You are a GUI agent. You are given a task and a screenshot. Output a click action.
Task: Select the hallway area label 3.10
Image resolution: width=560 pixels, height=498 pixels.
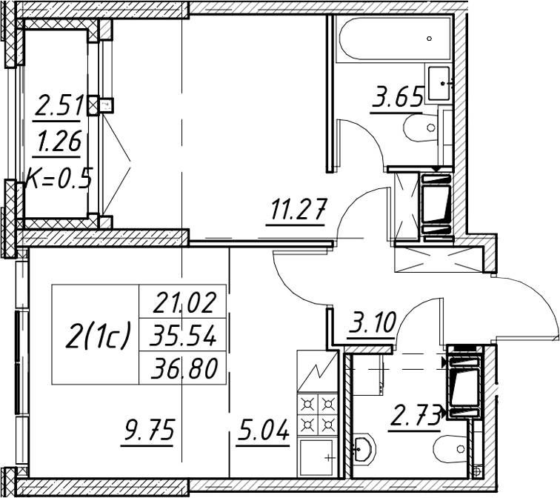[372, 322]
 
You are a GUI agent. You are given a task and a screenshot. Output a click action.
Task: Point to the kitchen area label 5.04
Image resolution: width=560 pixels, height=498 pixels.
[262, 430]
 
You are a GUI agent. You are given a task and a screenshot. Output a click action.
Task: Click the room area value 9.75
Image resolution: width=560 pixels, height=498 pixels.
[148, 430]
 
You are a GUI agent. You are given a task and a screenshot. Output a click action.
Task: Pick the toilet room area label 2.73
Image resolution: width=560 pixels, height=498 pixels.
[415, 417]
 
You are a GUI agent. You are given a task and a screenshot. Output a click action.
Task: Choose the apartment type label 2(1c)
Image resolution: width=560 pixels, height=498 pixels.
[96, 335]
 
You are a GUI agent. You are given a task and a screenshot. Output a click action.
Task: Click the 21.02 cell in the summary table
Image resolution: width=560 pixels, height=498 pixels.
[183, 302]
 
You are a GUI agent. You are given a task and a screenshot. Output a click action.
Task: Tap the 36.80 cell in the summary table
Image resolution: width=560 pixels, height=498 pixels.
[183, 368]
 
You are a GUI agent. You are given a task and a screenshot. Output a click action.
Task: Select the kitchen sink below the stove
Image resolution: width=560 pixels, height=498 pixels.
[317, 457]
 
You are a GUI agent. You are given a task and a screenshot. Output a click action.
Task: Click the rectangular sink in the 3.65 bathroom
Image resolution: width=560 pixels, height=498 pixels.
[439, 84]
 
